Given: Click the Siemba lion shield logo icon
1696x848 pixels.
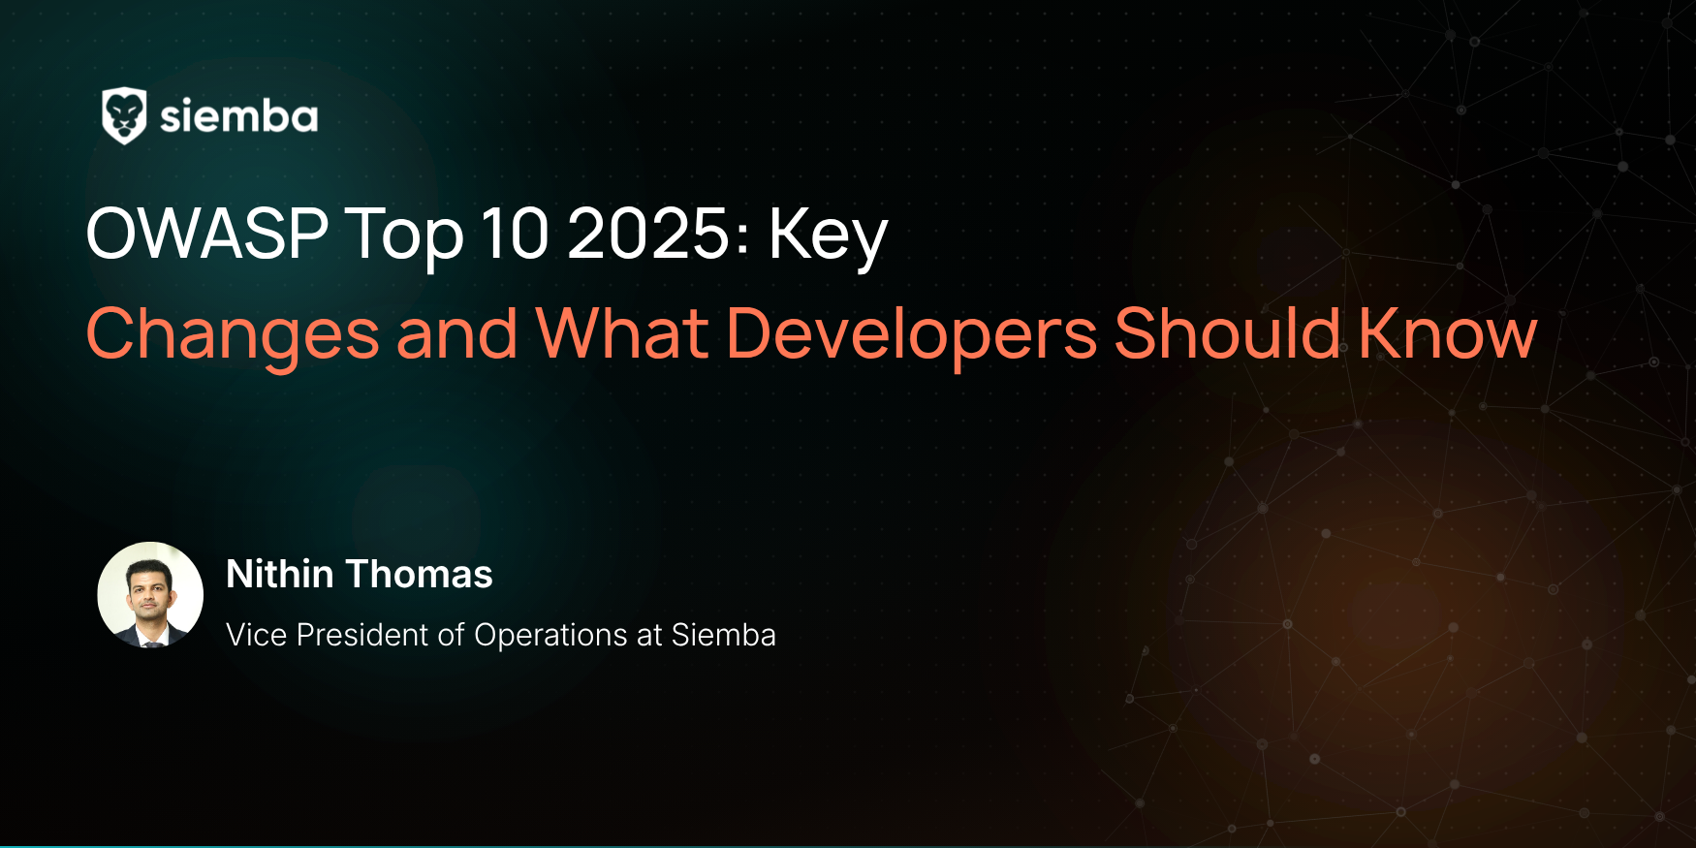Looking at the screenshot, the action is (124, 116).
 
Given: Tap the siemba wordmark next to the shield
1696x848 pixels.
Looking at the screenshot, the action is (238, 116).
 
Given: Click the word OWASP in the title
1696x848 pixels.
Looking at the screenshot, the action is (207, 234).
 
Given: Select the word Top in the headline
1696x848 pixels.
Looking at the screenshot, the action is (404, 236).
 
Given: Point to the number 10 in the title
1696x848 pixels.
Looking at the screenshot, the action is (515, 234).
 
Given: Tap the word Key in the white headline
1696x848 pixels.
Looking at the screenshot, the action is (828, 237).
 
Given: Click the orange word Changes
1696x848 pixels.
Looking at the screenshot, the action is (233, 335).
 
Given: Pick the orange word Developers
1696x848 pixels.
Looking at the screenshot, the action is (911, 335).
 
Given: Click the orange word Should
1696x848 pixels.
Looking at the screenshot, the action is (1228, 332).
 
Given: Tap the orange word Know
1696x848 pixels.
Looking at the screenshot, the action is (1448, 332).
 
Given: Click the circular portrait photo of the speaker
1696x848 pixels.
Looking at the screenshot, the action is (150, 594).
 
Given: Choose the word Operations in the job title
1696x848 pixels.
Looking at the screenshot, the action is (551, 636).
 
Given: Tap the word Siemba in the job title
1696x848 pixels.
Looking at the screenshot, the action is (724, 635).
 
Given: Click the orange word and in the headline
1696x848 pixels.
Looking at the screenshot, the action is (457, 333).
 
